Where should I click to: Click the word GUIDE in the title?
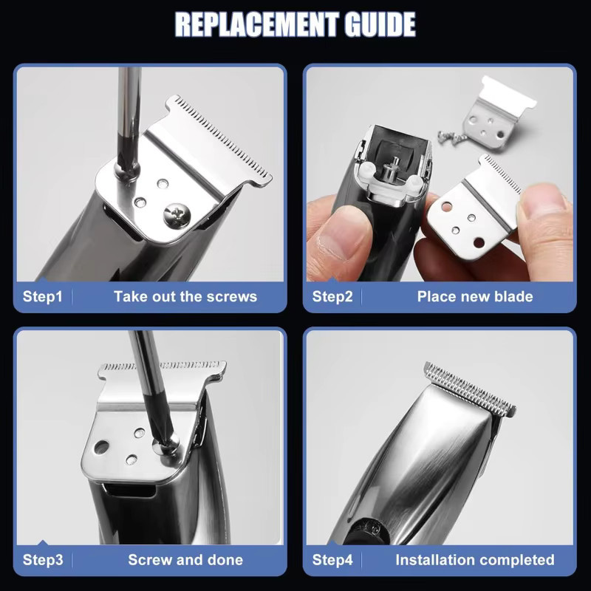(380, 24)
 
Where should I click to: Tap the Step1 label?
(42, 296)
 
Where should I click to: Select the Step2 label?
(332, 296)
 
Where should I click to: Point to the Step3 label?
(43, 560)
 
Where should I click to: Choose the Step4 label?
(332, 560)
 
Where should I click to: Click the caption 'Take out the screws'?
(185, 296)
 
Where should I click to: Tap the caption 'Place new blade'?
(475, 296)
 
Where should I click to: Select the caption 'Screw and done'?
(185, 560)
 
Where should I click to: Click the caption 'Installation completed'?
(475, 560)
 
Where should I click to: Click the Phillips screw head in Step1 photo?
(177, 216)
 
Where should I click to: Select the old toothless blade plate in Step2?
(497, 114)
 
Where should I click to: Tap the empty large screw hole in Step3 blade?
(101, 447)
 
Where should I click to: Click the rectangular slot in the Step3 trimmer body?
(131, 491)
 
